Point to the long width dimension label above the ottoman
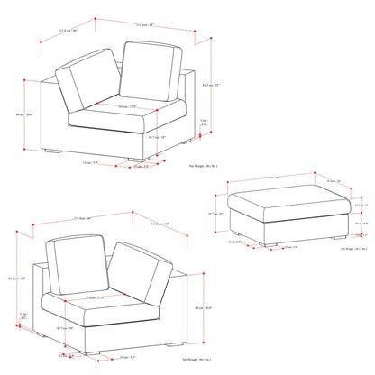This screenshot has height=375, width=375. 296,177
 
